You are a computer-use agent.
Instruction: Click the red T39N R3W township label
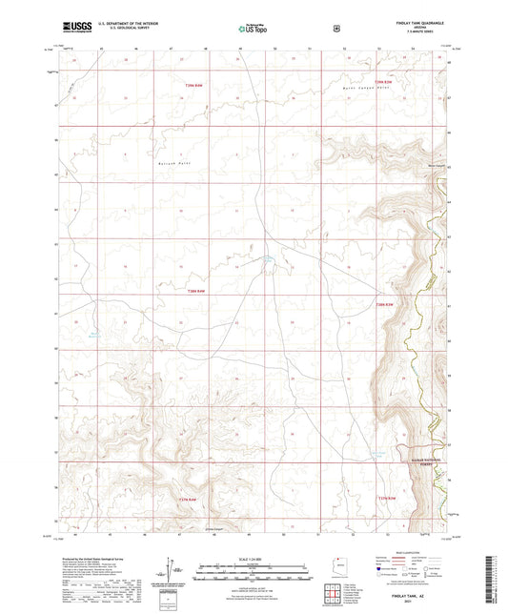(x=383, y=83)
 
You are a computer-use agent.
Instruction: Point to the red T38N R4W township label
(x=196, y=291)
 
